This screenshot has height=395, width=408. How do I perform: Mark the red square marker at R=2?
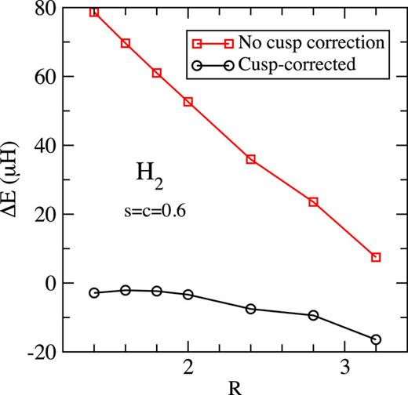(x=188, y=102)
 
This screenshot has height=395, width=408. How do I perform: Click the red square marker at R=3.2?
(x=376, y=257)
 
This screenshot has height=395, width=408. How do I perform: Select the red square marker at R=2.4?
(x=251, y=159)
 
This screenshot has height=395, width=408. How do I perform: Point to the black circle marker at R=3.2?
(x=376, y=339)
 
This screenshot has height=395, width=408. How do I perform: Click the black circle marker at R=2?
(x=188, y=294)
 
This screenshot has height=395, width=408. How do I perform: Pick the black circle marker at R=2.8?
(x=313, y=315)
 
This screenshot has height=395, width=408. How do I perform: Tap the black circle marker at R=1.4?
(x=94, y=292)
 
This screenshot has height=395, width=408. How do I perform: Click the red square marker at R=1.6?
(x=126, y=43)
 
